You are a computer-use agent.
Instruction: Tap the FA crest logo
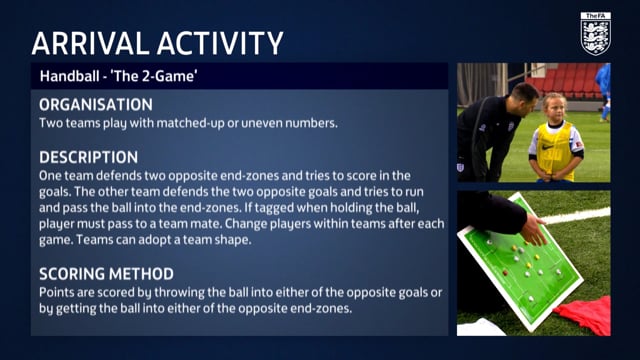595,34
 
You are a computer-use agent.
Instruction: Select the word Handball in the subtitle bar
69,76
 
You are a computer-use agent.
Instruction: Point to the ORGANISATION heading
96,105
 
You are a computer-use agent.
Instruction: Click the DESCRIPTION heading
88,157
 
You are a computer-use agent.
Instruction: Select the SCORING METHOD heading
106,273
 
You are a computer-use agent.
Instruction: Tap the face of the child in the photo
554,107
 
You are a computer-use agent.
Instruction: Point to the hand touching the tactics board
537,232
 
